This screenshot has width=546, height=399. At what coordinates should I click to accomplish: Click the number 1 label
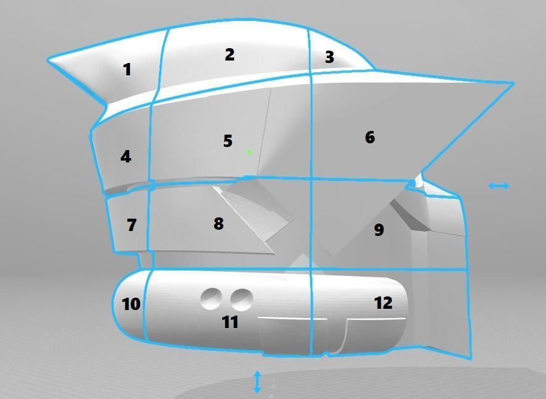(x=128, y=69)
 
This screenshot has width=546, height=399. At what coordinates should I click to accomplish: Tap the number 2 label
(x=230, y=55)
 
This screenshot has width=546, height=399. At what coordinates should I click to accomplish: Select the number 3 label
(x=329, y=57)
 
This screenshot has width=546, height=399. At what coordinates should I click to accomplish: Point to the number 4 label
(x=126, y=157)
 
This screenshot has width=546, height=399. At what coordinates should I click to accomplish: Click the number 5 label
(x=228, y=141)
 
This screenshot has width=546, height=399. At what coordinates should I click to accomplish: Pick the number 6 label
(x=370, y=137)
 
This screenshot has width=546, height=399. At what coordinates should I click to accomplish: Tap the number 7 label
(x=131, y=225)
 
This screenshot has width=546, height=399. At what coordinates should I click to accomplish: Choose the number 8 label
(x=218, y=224)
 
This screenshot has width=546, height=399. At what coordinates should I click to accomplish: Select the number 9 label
(x=379, y=230)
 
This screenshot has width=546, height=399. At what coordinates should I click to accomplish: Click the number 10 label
(x=131, y=304)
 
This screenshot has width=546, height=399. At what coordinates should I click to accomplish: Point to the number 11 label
(x=230, y=322)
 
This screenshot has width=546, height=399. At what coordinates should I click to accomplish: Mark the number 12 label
(x=383, y=303)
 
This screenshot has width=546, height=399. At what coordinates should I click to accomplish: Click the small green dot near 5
(x=249, y=152)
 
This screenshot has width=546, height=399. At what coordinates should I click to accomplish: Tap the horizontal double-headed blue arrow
(x=498, y=186)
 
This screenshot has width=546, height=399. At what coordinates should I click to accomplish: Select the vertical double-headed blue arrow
(x=257, y=382)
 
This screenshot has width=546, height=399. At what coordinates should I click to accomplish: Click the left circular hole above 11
(x=212, y=299)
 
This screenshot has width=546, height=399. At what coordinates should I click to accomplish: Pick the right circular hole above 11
(x=242, y=300)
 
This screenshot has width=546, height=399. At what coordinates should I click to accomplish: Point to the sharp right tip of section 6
(x=513, y=83)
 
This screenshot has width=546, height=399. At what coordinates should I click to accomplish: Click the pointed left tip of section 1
(x=48, y=60)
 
